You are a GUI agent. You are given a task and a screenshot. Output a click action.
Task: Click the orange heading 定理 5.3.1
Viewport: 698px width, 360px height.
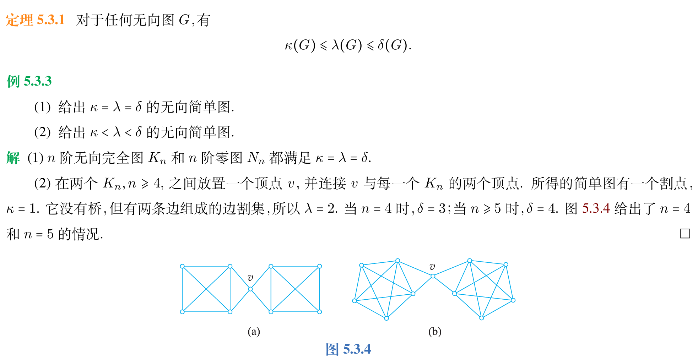pyautogui.click(x=35, y=20)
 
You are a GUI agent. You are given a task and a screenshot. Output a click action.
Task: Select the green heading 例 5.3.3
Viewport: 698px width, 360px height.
pyautogui.click(x=29, y=81)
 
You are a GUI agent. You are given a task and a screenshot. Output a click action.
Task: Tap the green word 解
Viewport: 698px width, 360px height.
pyautogui.click(x=13, y=158)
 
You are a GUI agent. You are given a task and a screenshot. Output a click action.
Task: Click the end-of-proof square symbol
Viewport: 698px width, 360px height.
pyautogui.click(x=685, y=234)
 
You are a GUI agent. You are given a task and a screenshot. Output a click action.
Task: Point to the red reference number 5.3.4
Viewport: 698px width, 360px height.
pyautogui.click(x=596, y=208)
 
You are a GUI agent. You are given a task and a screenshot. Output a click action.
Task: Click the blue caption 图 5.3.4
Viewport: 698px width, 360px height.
pyautogui.click(x=348, y=349)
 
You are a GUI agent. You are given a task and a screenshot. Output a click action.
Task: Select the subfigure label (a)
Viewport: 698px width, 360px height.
pyautogui.click(x=254, y=332)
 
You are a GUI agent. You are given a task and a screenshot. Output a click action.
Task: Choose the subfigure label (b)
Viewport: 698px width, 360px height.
pyautogui.click(x=435, y=332)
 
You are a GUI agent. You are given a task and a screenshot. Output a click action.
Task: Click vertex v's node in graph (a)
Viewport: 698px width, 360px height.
pyautogui.click(x=250, y=289)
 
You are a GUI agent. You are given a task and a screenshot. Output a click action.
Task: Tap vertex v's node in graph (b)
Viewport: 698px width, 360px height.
pyautogui.click(x=433, y=276)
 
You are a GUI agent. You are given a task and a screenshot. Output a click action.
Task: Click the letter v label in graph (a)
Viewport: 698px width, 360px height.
pyautogui.click(x=250, y=278)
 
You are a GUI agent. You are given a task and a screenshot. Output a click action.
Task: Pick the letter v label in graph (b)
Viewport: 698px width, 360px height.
pyautogui.click(x=432, y=267)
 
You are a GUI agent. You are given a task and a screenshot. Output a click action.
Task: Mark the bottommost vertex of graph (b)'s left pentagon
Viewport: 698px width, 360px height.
pyautogui.click(x=386, y=318)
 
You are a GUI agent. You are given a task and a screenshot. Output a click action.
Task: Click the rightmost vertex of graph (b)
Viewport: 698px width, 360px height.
pyautogui.click(x=513, y=300)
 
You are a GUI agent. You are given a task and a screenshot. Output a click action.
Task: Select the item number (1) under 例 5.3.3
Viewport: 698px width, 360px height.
pyautogui.click(x=42, y=107)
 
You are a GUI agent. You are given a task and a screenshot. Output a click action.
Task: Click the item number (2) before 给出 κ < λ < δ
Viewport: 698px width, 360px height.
pyautogui.click(x=42, y=132)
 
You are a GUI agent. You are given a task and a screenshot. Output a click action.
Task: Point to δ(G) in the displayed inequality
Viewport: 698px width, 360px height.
pyautogui.click(x=392, y=45)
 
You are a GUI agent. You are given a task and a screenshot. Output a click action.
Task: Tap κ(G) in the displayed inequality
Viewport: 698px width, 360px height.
pyautogui.click(x=300, y=45)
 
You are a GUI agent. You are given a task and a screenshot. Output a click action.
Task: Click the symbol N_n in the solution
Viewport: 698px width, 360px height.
pyautogui.click(x=256, y=158)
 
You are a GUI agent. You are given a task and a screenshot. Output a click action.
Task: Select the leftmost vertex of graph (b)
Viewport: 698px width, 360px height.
pyautogui.click(x=354, y=301)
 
